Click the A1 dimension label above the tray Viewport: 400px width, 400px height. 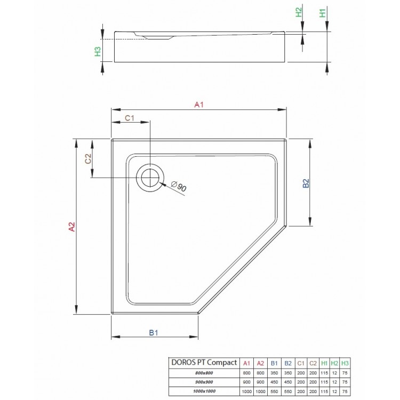click(x=199, y=105)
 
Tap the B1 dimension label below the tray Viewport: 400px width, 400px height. click(x=154, y=333)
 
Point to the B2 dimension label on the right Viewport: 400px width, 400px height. click(x=306, y=183)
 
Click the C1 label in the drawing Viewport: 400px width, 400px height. click(x=130, y=118)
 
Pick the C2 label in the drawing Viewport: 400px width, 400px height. click(x=89, y=158)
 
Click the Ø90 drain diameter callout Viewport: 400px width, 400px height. click(x=179, y=187)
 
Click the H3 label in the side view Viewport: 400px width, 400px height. click(x=98, y=51)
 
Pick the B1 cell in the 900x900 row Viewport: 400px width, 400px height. click(x=274, y=381)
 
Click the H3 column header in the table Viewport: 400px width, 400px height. click(x=345, y=363)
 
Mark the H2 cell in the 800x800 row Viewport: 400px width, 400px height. click(x=334, y=373)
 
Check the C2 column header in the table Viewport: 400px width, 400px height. click(x=313, y=363)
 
